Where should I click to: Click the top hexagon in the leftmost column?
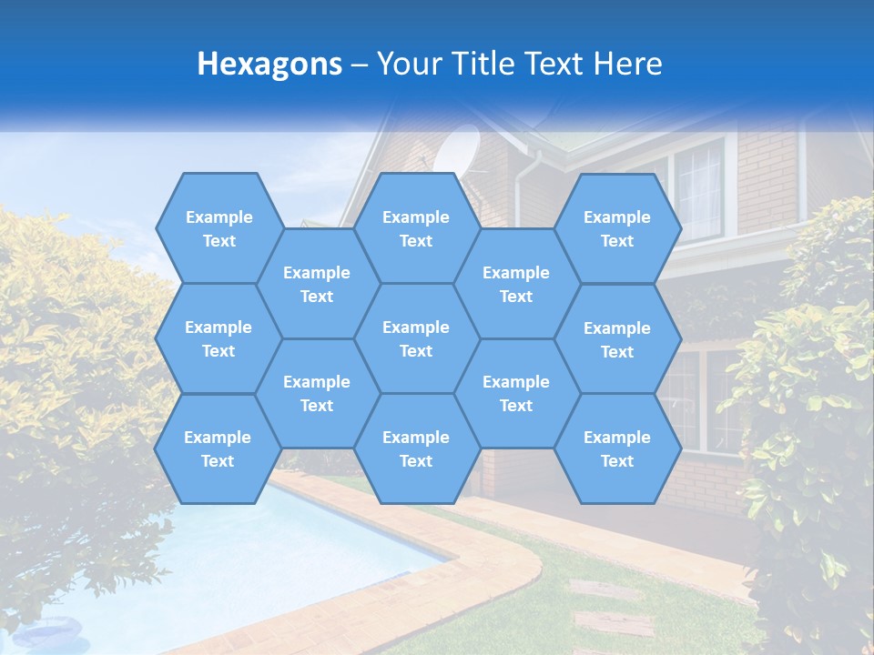click(218, 228)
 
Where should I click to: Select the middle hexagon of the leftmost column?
click(218, 338)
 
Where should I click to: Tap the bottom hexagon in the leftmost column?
click(218, 448)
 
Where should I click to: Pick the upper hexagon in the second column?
click(317, 284)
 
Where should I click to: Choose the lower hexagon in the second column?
click(317, 393)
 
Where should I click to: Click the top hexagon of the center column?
click(416, 228)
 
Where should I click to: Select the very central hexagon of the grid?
click(416, 338)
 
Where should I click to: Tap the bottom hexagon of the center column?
click(416, 448)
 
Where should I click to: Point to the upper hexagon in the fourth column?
click(516, 284)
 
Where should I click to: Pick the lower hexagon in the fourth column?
click(516, 393)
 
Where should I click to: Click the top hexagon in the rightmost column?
click(617, 228)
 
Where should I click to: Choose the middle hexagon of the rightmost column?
click(617, 339)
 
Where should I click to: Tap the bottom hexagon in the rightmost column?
click(617, 448)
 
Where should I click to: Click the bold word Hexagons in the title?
click(269, 64)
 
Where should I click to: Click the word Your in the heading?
click(406, 64)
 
